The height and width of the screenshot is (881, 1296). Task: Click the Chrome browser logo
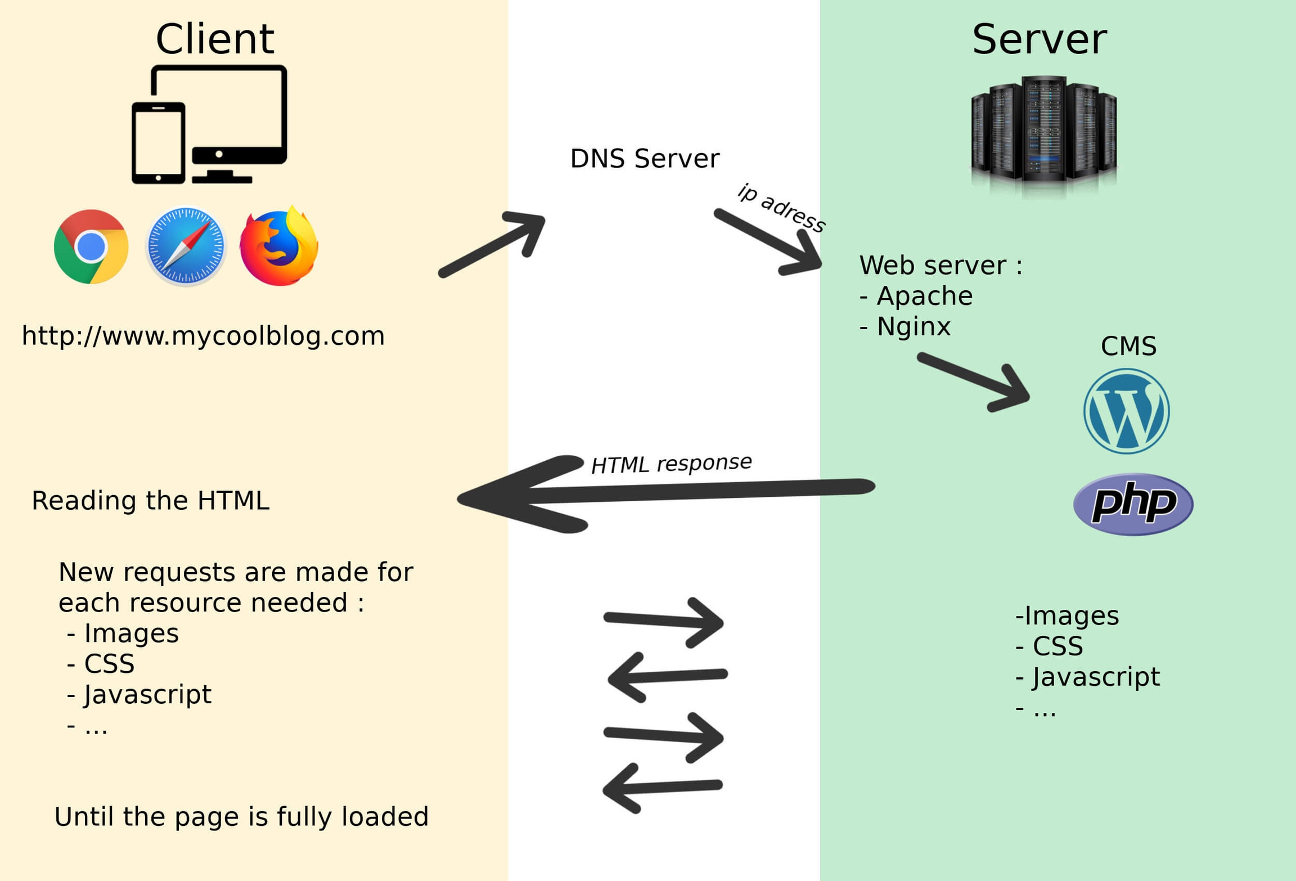pos(91,246)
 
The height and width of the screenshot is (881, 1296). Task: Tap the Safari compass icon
pos(186,246)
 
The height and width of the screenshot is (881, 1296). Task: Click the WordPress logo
pos(1126,411)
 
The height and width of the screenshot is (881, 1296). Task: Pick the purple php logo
pos(1133,504)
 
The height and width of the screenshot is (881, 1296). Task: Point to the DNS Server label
pos(645,159)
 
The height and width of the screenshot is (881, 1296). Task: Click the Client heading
pos(215,39)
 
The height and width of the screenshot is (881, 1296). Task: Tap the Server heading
pos(1039,39)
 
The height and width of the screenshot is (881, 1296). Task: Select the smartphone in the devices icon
pos(158,143)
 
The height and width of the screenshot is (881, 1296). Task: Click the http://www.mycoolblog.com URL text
pos(203,336)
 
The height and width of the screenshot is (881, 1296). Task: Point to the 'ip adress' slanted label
pos(782,208)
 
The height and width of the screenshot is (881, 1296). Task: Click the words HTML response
pos(671,464)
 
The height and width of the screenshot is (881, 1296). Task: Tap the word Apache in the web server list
pos(924,296)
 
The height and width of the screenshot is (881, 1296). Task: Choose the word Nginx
pos(913,326)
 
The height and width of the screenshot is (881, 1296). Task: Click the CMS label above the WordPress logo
pos(1128,346)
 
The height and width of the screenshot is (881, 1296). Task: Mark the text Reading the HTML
pos(150,501)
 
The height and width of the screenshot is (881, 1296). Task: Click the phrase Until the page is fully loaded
pos(241,817)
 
